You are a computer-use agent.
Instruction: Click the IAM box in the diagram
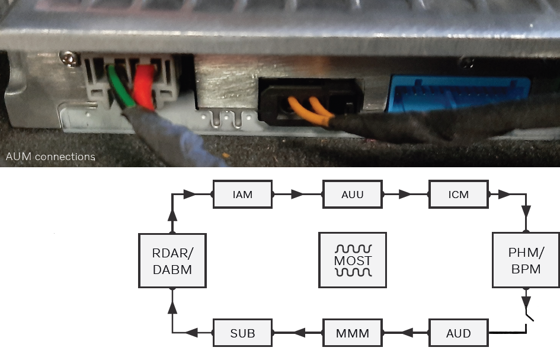tap(242, 195)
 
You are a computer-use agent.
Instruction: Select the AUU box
tap(352, 195)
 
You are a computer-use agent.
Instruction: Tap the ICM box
tap(459, 195)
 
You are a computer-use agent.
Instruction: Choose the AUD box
tap(459, 333)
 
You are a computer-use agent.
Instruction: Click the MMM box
tap(352, 333)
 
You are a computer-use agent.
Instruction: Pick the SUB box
tap(242, 333)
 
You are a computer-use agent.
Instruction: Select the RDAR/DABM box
tap(172, 260)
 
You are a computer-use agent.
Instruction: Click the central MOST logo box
tap(353, 260)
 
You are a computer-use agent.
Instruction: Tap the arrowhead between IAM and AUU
tap(297, 195)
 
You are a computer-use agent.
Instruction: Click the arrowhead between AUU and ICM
tap(405, 195)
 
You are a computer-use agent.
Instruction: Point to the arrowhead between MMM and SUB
tap(299, 333)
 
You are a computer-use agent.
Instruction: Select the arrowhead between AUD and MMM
tap(408, 333)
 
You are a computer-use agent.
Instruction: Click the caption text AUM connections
tap(50, 157)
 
